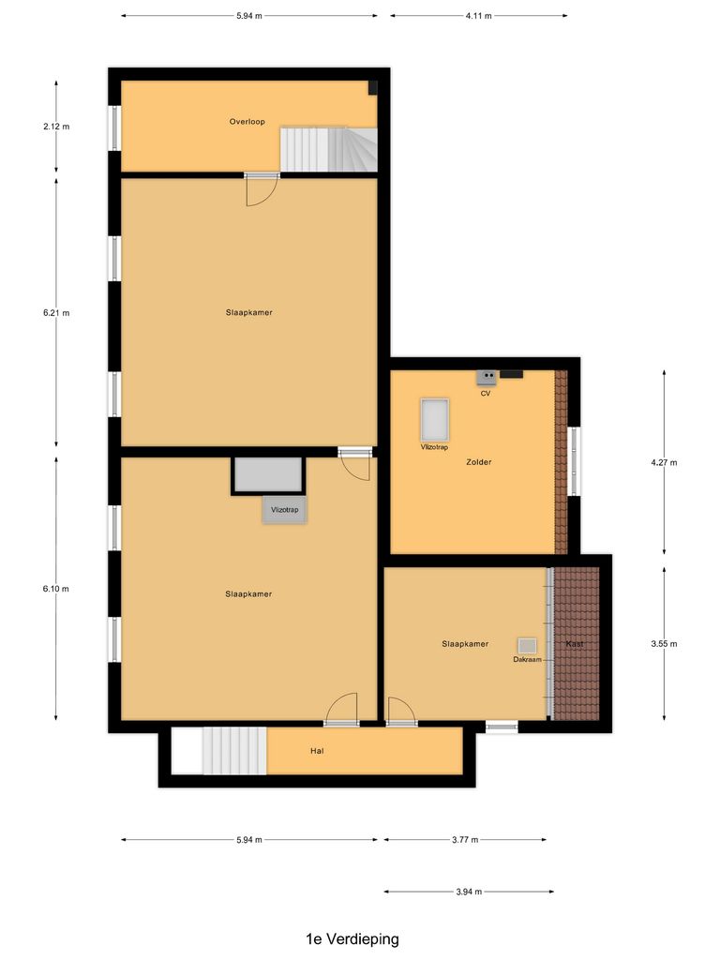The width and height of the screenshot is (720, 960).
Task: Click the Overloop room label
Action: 247,122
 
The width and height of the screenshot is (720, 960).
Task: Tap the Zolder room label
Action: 478,462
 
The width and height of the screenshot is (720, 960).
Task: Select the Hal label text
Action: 317,751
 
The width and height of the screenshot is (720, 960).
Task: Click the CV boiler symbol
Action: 487,377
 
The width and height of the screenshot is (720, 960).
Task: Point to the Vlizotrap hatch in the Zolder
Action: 434,419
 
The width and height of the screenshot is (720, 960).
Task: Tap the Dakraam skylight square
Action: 527,645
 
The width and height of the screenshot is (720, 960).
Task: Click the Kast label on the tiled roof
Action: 575,644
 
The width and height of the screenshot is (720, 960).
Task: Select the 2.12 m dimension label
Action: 56,127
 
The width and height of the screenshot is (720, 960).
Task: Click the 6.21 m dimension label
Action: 56,313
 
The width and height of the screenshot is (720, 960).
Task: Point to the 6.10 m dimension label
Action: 56,589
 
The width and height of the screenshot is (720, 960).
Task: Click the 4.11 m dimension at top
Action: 478,16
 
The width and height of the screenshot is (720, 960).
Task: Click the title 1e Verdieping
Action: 352,938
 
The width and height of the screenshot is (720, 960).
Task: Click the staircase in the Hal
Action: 234,751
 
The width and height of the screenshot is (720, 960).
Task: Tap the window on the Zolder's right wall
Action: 575,462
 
